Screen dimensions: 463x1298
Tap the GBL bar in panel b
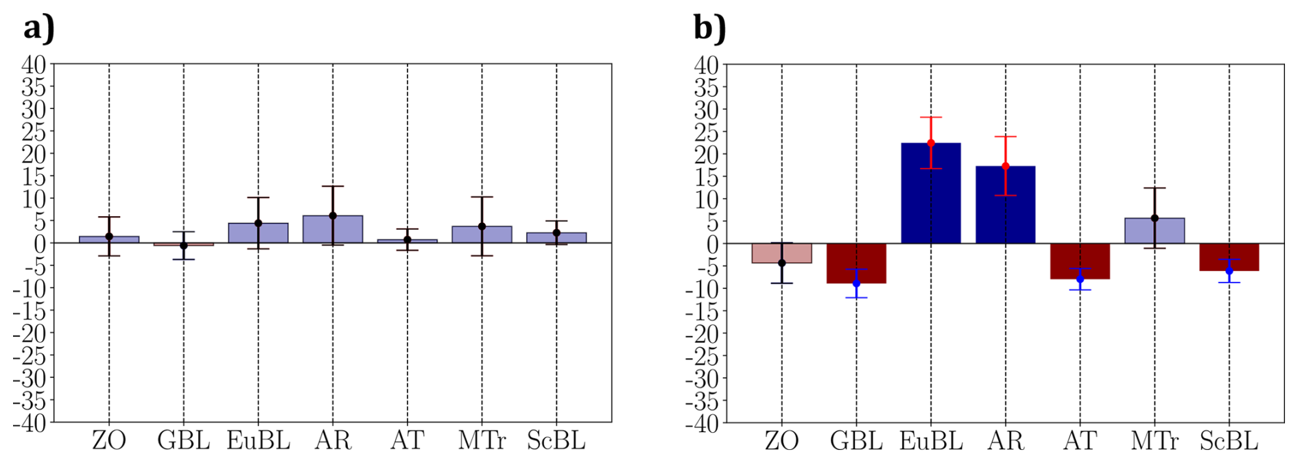pyautogui.click(x=855, y=263)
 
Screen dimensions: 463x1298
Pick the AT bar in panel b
pyautogui.click(x=1080, y=261)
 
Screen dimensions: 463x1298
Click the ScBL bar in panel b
pyautogui.click(x=1229, y=257)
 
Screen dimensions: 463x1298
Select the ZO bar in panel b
pyautogui.click(x=781, y=253)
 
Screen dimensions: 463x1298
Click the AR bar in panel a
pyautogui.click(x=333, y=229)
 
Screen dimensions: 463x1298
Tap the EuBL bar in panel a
pyautogui.click(x=258, y=233)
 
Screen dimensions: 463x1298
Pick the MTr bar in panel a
pyautogui.click(x=482, y=235)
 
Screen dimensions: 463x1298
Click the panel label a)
pyautogui.click(x=38, y=29)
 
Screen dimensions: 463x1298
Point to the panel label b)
pyautogui.click(x=709, y=29)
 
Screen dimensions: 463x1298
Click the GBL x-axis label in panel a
pyautogui.click(x=183, y=440)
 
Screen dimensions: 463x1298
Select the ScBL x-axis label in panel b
pyautogui.click(x=1229, y=440)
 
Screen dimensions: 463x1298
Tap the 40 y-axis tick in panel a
pyautogui.click(x=34, y=65)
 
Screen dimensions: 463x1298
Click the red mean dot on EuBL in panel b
pyautogui.click(x=931, y=143)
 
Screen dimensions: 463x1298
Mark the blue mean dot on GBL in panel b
pyautogui.click(x=856, y=283)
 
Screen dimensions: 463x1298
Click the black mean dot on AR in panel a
pyautogui.click(x=333, y=215)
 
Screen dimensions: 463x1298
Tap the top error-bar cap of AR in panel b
pyautogui.click(x=1005, y=136)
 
